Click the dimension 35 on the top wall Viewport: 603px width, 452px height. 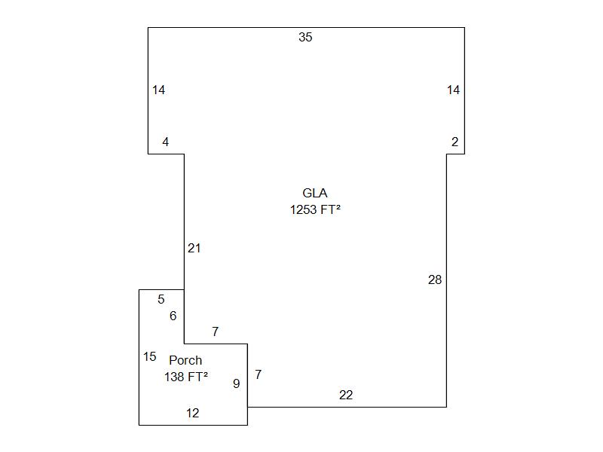305,37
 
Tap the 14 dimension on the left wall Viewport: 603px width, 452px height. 158,90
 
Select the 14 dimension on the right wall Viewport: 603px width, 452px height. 454,90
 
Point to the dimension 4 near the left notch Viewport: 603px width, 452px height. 165,142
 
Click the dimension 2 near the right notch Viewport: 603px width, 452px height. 455,142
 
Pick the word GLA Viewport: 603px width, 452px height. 314,193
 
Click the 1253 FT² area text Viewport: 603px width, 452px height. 315,209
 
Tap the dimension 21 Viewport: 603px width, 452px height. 194,249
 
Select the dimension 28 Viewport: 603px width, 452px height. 435,279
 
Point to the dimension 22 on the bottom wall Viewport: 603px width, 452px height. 346,395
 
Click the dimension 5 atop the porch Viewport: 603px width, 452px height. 161,299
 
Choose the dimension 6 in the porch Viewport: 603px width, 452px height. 173,316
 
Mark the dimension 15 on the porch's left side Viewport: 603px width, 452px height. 149,356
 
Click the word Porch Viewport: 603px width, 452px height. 185,360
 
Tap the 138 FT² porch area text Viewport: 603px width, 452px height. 186,377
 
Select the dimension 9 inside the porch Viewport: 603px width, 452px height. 237,383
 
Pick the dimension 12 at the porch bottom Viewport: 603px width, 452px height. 193,413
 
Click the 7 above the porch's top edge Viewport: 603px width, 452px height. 216,331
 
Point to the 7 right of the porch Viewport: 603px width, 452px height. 258,374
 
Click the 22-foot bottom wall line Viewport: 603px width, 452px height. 347,407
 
